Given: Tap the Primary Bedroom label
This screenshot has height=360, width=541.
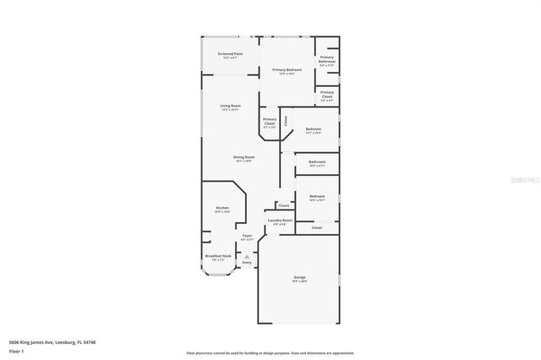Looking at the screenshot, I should pos(287,70).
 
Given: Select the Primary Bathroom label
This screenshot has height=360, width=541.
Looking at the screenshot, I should pos(326,59).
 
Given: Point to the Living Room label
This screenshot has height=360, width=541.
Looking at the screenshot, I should pos(230,106).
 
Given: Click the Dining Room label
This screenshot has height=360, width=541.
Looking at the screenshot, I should pos(244,157).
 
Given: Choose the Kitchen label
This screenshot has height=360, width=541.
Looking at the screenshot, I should pos(222,209).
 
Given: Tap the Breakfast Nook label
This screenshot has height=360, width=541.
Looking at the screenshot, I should pos(217,256).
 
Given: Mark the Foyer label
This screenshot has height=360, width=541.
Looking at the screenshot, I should pos(247,237).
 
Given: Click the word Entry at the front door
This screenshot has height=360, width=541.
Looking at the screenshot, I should pos(247,263).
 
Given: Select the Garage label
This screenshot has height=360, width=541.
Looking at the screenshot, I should pos(299,278).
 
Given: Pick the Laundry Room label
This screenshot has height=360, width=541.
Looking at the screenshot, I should pos(280,221).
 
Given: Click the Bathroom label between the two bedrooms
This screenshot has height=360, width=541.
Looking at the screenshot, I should pos(317,162).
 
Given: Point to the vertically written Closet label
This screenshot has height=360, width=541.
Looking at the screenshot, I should pos(286,120).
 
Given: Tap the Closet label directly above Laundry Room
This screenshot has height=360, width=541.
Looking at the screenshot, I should pos(284,205).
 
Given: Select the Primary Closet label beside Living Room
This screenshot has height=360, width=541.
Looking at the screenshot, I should pos(270,122).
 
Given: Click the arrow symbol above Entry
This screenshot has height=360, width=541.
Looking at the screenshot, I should pos(247,256).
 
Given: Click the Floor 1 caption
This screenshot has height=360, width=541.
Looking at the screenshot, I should pos(15,350).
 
